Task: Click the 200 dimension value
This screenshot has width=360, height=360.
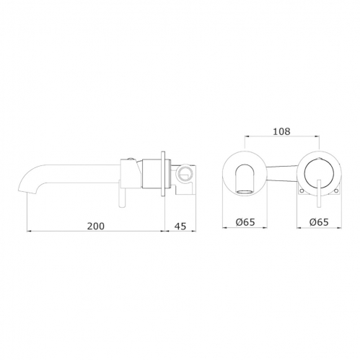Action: click(x=96, y=226)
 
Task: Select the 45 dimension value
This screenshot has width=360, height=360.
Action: click(x=180, y=226)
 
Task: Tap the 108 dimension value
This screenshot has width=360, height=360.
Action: click(x=281, y=131)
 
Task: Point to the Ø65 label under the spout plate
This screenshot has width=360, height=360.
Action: click(x=245, y=222)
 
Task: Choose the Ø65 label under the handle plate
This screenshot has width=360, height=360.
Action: click(x=319, y=222)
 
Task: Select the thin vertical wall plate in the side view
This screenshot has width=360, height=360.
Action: click(x=163, y=173)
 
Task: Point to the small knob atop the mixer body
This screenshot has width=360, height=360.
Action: click(x=130, y=159)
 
